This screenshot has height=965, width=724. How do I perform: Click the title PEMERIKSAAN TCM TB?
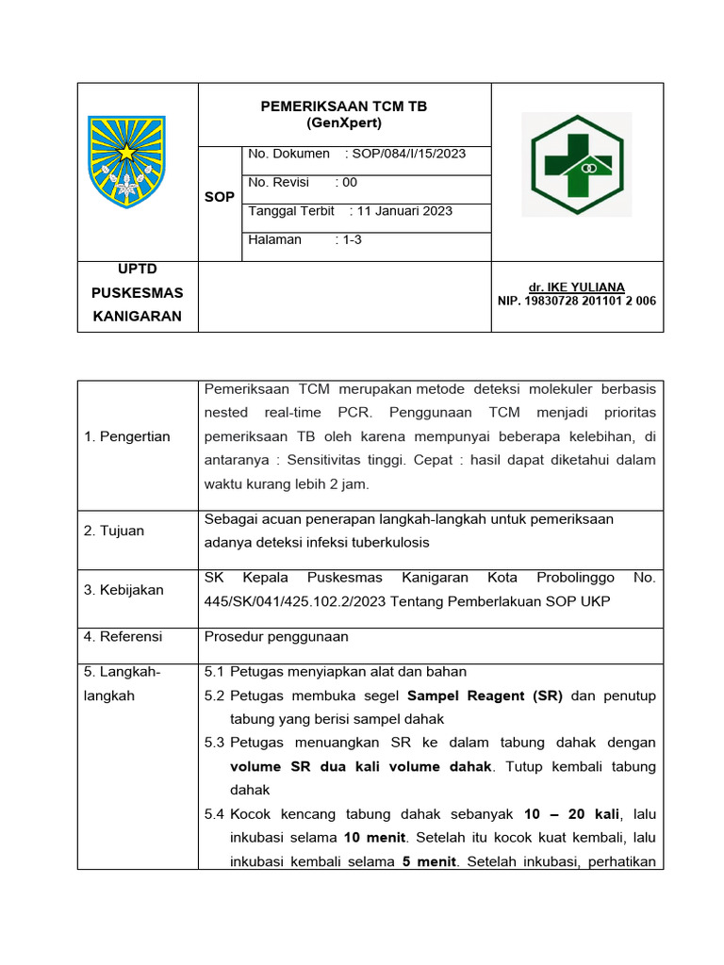(343, 106)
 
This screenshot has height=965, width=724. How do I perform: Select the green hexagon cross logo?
(576, 167)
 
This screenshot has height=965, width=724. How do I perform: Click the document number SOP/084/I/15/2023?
(408, 154)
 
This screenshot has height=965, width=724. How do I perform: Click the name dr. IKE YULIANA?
(577, 287)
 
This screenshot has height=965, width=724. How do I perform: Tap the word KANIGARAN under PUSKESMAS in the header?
(137, 317)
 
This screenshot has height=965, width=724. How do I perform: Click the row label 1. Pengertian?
(127, 436)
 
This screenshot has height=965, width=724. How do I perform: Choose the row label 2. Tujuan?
(114, 531)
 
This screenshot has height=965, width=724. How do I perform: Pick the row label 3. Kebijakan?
(123, 590)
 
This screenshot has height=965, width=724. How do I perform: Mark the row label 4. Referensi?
(123, 637)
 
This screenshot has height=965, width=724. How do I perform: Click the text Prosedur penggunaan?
(276, 637)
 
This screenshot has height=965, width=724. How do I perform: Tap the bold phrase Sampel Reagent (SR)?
(485, 696)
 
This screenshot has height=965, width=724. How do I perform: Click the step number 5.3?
(215, 744)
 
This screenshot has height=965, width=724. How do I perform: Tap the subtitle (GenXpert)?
(343, 123)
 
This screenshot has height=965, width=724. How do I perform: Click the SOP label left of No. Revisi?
(219, 197)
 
